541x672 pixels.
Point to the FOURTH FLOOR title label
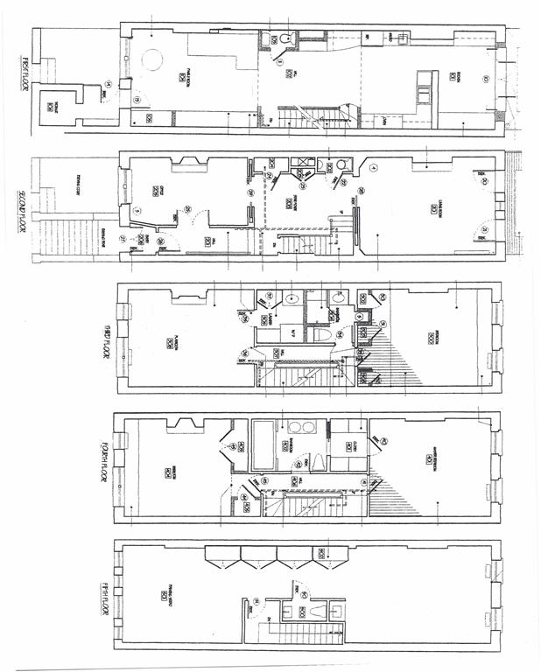tap(104, 469)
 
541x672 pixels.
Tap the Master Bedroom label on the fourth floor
tap(430, 458)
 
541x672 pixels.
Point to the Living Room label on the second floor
tap(434, 207)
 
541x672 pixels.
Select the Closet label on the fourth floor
tap(348, 447)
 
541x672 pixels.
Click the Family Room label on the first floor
tap(182, 77)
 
